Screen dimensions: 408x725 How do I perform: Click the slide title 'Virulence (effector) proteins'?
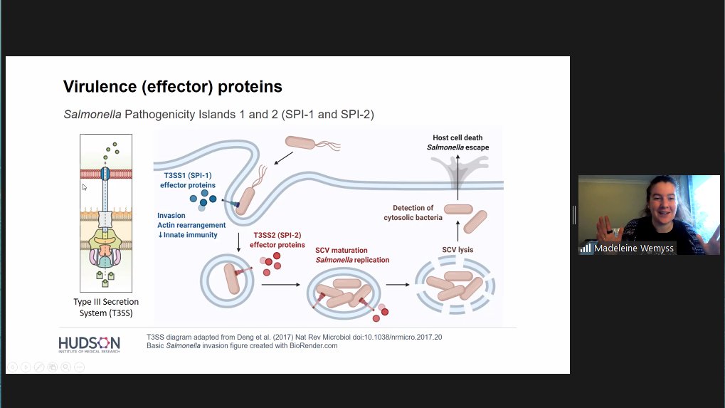[173, 87]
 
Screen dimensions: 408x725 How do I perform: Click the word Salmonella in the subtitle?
[92, 114]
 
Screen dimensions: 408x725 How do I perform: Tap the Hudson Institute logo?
[89, 344]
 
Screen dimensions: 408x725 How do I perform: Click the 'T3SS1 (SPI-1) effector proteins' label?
[188, 181]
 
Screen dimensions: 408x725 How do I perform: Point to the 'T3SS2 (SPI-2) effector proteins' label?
[279, 239]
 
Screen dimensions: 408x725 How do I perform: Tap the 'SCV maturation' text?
[342, 250]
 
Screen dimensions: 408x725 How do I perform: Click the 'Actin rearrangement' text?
[191, 225]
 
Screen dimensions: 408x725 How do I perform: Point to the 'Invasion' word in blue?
[171, 215]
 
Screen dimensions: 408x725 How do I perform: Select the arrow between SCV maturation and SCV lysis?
[398, 285]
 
